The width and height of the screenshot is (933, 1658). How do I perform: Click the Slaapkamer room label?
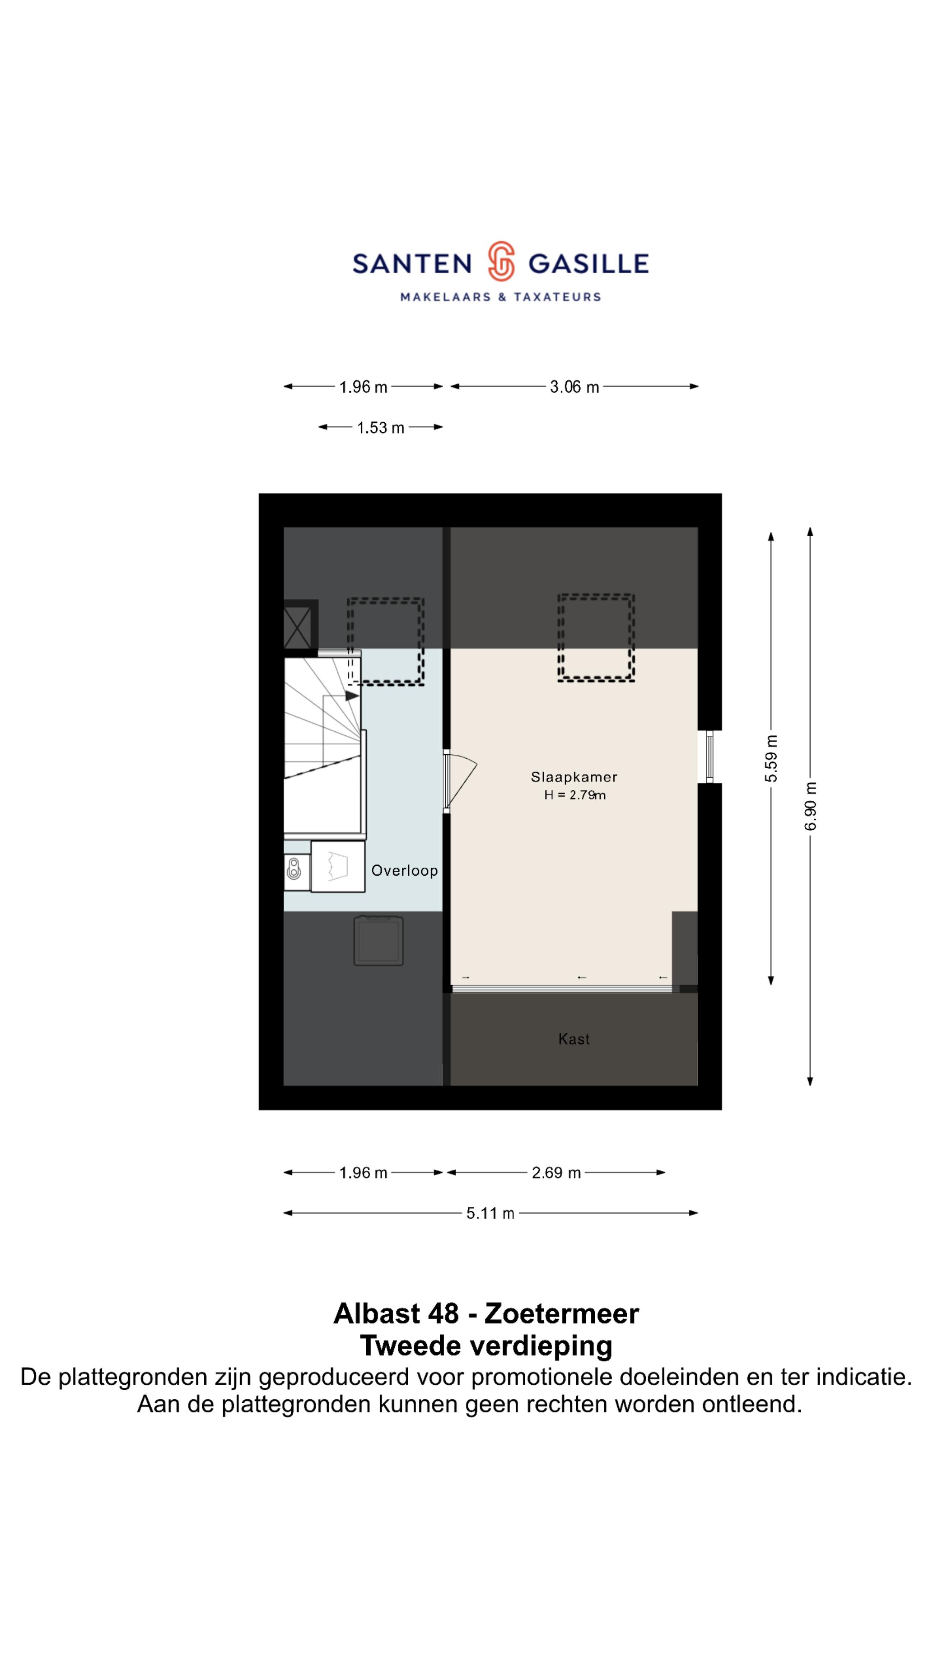574,777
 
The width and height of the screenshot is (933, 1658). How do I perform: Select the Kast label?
574,1039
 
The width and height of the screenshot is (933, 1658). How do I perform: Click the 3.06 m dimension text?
574,387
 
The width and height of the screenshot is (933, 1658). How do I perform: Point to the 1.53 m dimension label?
381,428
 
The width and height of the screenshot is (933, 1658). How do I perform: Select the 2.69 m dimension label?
556,1173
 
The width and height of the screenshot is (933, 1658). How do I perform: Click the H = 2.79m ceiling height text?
574,795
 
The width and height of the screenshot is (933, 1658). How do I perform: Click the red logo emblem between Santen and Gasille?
500,261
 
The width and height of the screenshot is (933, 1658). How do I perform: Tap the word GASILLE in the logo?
588,264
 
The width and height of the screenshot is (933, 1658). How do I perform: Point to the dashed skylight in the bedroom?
596,637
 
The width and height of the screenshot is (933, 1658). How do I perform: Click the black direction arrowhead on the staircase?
352,696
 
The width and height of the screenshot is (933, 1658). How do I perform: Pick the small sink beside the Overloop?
294,869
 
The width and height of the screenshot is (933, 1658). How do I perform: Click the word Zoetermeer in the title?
562,1313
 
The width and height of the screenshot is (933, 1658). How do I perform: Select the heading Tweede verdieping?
486,1345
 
